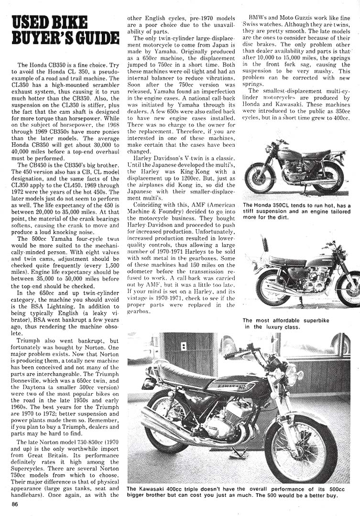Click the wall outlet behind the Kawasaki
pyautogui.click(x=184, y=346)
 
